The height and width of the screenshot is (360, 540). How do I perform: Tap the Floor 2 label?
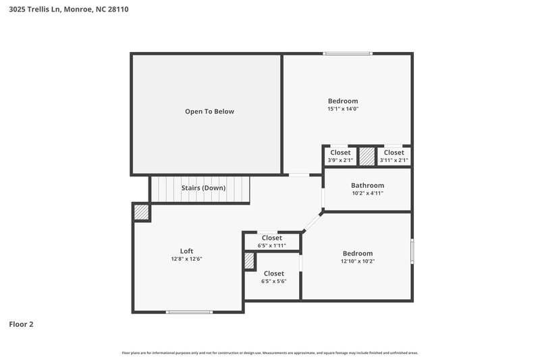[21, 324]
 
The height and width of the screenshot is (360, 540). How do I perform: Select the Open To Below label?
[209, 111]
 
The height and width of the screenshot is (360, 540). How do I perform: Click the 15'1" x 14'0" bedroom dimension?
[343, 109]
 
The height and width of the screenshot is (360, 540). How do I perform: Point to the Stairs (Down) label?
[203, 188]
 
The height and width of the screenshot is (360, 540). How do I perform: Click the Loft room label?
[186, 251]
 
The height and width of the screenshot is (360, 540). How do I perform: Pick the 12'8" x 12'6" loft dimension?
[186, 259]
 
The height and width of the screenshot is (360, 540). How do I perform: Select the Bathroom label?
[367, 185]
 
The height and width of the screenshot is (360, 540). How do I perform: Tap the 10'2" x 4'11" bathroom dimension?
[367, 193]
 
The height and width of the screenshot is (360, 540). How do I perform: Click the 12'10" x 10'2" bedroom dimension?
[357, 261]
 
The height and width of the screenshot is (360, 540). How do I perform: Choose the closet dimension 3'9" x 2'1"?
[340, 160]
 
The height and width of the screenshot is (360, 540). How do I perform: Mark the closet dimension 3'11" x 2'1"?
[394, 160]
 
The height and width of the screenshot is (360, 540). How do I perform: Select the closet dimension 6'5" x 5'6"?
[273, 281]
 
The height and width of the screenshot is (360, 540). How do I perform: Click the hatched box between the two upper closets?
[367, 156]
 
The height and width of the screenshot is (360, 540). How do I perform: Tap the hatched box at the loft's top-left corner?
[141, 211]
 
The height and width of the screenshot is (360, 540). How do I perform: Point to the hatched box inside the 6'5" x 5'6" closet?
[248, 261]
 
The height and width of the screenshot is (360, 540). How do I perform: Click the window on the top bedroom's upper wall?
[347, 53]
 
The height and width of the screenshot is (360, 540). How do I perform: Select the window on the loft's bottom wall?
[190, 311]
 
